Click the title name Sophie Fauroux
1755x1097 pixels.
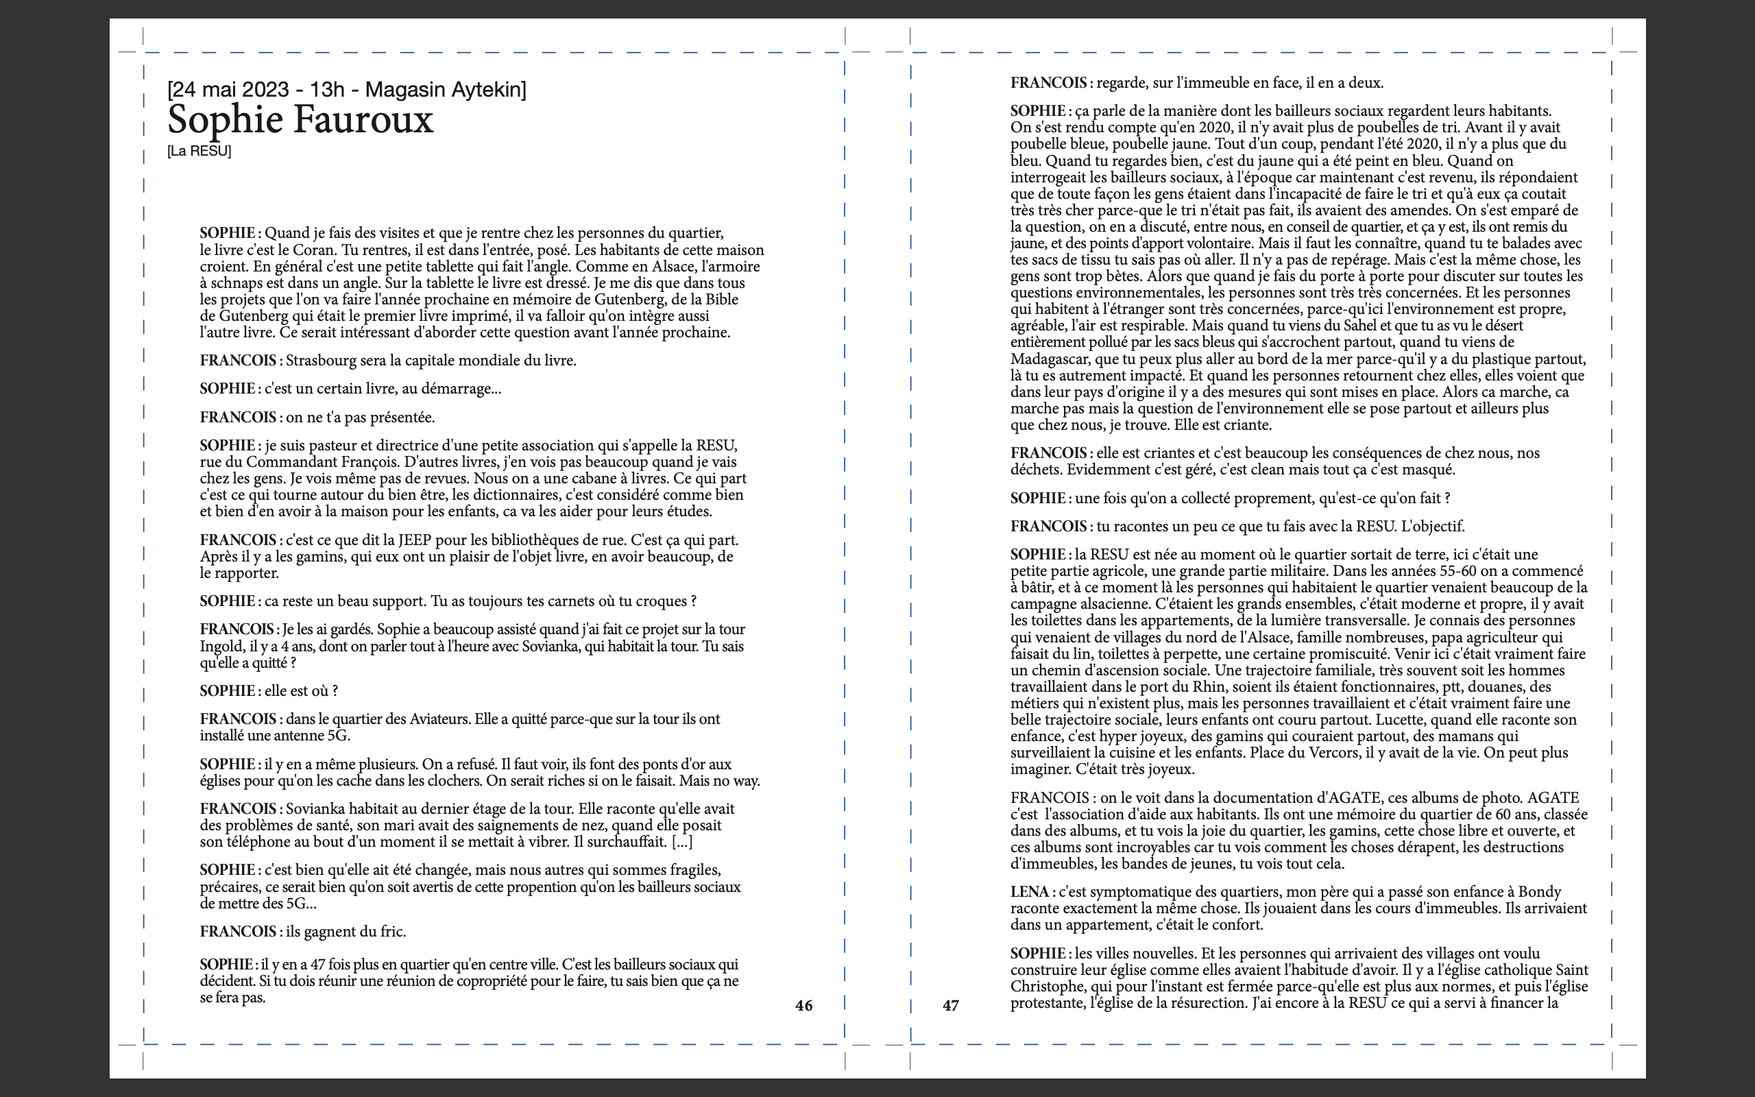[300, 120]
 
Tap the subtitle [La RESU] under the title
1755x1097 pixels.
[199, 151]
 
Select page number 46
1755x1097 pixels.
[803, 1006]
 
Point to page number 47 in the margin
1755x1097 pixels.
[950, 1006]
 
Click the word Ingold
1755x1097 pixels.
[221, 647]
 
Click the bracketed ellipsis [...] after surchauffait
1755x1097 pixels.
[681, 843]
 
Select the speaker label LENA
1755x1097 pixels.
[1030, 892]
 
